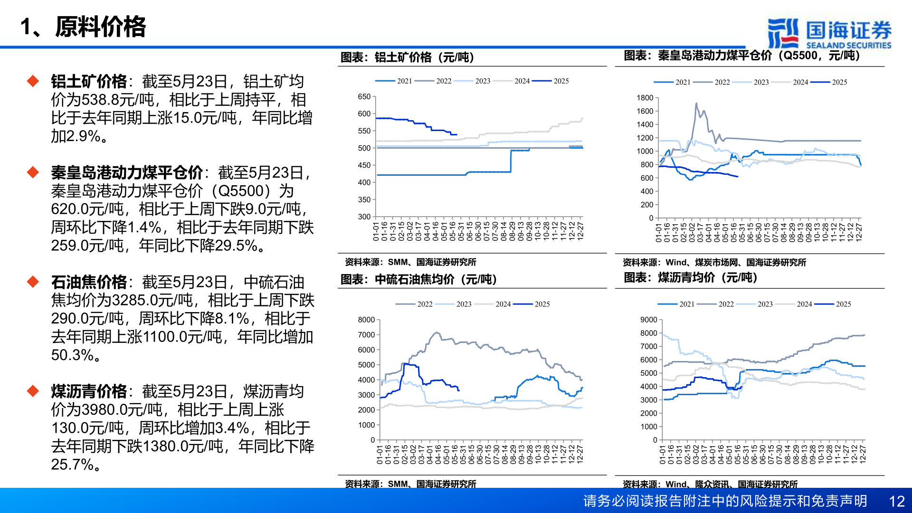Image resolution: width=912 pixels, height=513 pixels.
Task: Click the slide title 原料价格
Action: [100, 27]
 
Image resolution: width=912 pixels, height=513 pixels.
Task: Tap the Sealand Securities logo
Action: [829, 33]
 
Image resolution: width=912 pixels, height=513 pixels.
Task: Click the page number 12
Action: [896, 501]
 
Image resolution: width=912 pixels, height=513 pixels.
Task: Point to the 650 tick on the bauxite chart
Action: [364, 97]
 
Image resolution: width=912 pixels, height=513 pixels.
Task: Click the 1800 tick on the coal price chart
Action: [645, 98]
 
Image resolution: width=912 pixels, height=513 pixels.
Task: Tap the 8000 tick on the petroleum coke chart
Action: [366, 320]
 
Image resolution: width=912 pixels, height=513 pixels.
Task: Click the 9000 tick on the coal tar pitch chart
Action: [648, 320]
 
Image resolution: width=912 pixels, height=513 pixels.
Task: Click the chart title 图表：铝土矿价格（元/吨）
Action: [407, 57]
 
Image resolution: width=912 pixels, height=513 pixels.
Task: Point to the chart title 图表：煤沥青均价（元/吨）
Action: [690, 278]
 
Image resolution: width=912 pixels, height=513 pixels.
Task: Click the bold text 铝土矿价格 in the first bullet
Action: [89, 82]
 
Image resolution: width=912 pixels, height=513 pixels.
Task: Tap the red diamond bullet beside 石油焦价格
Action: [33, 282]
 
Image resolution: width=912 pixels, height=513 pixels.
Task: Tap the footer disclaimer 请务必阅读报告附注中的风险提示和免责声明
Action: [725, 501]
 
